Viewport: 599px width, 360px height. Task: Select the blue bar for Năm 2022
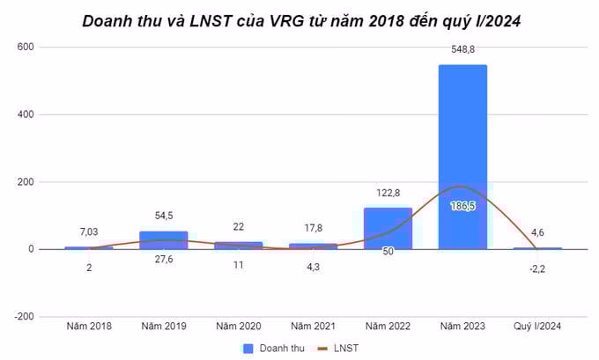[388, 228]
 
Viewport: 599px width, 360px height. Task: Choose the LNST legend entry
[343, 348]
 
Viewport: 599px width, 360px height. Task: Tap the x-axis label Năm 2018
[88, 327]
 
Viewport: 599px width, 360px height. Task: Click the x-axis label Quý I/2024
[536, 327]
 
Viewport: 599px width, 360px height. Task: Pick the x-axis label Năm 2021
[313, 327]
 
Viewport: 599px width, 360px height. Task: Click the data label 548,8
[462, 51]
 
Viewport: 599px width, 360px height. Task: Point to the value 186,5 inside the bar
[462, 204]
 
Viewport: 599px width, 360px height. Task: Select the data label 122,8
[388, 194]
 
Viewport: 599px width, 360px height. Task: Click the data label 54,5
[163, 217]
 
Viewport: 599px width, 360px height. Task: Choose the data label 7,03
[88, 231]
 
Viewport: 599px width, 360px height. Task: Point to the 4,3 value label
[313, 266]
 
